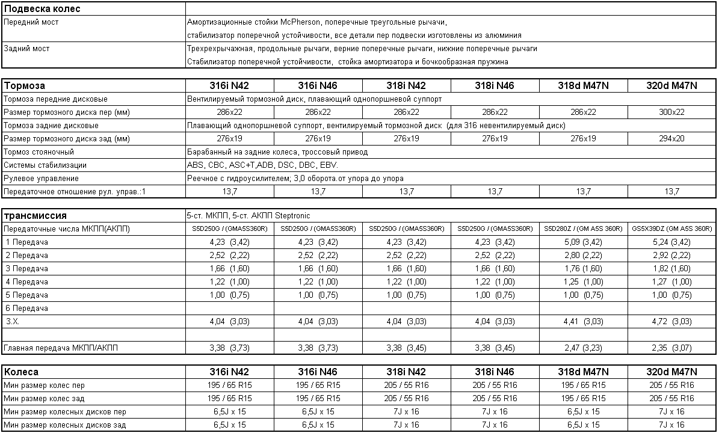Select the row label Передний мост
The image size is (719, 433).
(31, 22)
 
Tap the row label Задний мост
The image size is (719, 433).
(26, 49)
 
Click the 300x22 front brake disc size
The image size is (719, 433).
(672, 112)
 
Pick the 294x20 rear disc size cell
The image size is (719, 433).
(672, 138)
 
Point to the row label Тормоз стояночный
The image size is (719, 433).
(39, 152)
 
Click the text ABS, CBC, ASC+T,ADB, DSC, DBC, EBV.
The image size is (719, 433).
(262, 165)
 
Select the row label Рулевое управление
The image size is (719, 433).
(41, 179)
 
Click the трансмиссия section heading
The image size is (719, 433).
(35, 215)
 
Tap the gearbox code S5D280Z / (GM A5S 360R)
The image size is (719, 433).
(583, 229)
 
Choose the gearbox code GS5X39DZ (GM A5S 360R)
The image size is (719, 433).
(672, 229)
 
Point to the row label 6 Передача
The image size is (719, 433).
(26, 309)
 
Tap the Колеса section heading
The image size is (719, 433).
(21, 372)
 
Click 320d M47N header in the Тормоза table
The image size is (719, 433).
(672, 85)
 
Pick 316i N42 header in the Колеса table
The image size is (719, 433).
(229, 372)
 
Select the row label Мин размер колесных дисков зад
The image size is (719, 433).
(65, 425)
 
